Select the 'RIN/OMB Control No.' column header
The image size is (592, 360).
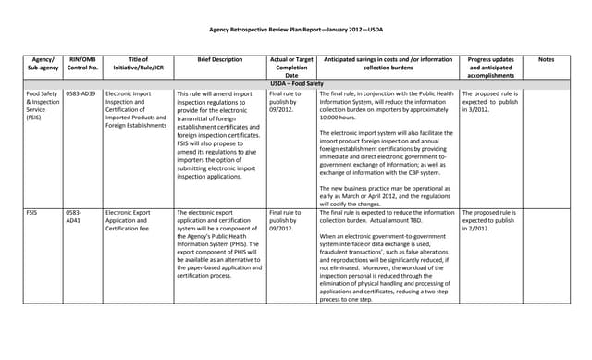pos(81,63)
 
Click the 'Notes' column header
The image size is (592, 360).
pos(546,58)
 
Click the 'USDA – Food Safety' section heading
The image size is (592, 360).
pos(296,83)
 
